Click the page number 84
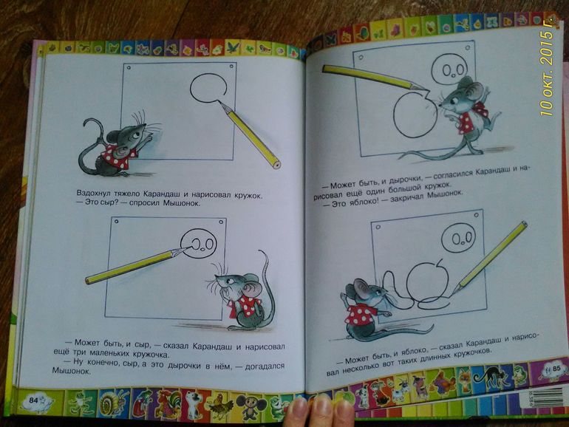click(33, 400)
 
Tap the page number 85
click(546, 368)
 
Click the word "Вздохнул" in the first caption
click(93, 193)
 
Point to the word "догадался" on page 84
click(265, 366)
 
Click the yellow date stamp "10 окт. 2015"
click(548, 66)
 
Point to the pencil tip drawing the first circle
click(219, 103)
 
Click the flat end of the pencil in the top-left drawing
click(277, 164)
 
